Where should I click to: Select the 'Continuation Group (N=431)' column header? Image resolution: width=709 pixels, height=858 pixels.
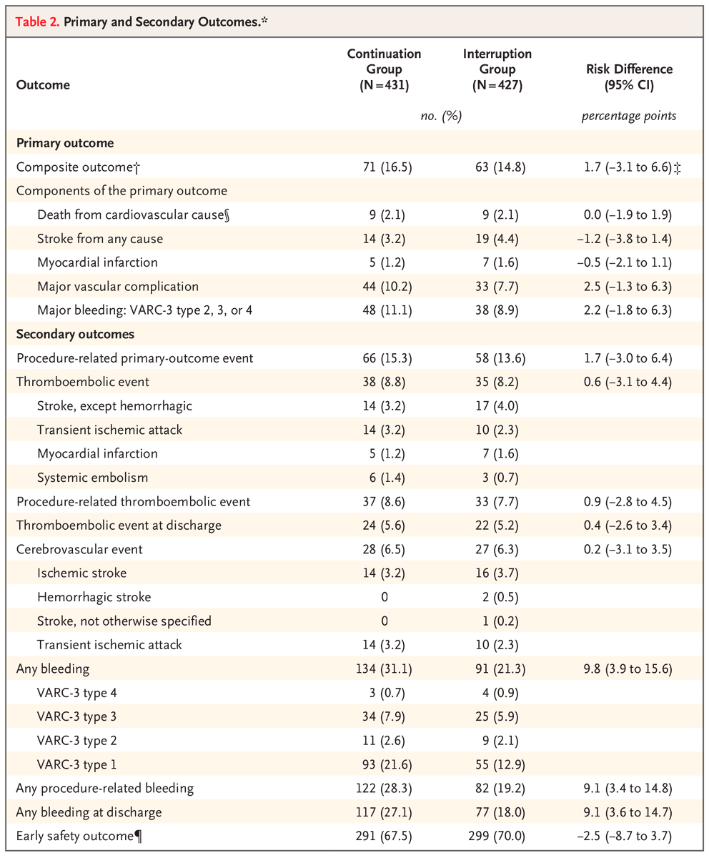click(384, 69)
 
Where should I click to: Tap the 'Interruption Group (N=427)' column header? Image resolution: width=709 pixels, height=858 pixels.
click(497, 69)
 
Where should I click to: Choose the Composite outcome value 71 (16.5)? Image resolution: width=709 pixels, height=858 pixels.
click(384, 167)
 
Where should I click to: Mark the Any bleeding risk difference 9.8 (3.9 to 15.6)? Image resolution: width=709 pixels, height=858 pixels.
click(627, 669)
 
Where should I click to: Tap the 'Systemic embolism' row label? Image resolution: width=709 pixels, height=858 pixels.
click(86, 478)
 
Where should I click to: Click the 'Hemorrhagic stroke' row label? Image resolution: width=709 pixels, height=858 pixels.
click(94, 597)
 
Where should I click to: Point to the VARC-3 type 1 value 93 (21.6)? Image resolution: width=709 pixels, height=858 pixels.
click(384, 764)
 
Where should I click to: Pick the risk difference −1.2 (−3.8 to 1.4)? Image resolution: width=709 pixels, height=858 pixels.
click(627, 238)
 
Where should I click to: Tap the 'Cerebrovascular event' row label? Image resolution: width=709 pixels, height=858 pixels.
click(79, 549)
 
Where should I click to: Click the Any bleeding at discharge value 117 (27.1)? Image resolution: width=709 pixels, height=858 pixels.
click(384, 812)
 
